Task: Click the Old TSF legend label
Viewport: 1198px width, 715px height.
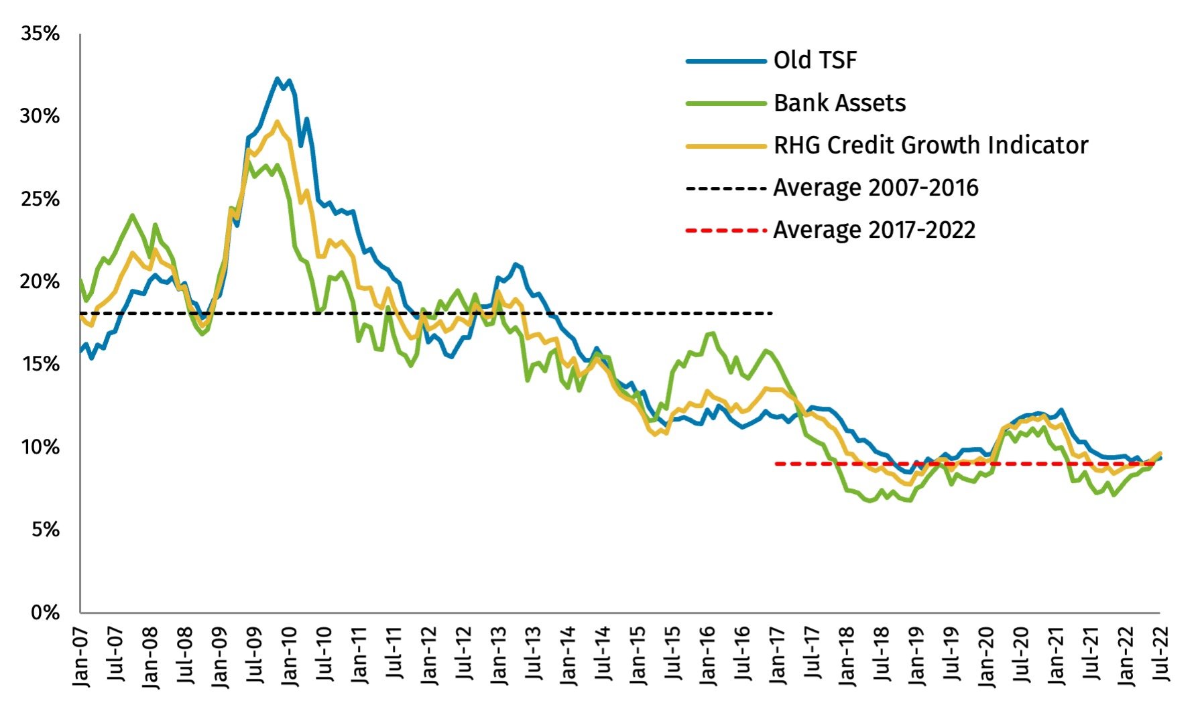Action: pyautogui.click(x=815, y=60)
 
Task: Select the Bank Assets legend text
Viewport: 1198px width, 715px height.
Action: pyautogui.click(x=839, y=103)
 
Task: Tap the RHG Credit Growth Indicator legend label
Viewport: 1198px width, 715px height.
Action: pyautogui.click(x=931, y=145)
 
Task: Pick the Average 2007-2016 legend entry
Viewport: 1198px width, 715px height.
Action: pyautogui.click(x=876, y=188)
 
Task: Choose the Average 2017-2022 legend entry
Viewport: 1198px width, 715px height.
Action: pyautogui.click(x=874, y=230)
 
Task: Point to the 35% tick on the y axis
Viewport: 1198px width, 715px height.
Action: pyautogui.click(x=40, y=34)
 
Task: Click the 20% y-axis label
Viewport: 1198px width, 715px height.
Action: pyautogui.click(x=40, y=281)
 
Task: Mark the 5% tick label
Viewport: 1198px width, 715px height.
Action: pyautogui.click(x=46, y=530)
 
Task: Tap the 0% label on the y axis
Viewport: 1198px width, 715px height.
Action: pyautogui.click(x=46, y=612)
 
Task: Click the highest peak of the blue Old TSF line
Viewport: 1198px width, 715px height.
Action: pyautogui.click(x=277, y=79)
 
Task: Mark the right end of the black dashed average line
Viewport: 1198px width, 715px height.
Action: pyautogui.click(x=772, y=314)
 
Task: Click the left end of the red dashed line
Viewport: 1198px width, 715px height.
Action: pyautogui.click(x=776, y=464)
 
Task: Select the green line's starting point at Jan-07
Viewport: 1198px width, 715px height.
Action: pyautogui.click(x=80, y=280)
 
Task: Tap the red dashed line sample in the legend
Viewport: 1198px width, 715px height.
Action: pyautogui.click(x=725, y=231)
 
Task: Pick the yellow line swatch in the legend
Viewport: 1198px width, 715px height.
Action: pyautogui.click(x=725, y=146)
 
